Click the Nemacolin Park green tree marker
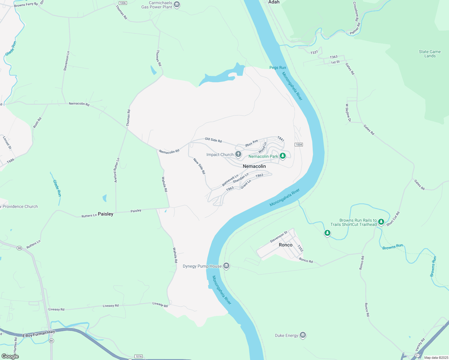282,156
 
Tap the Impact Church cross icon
238,154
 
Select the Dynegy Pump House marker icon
226,266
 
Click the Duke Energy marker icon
303,335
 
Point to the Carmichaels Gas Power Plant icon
177,4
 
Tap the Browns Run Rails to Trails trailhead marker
381,222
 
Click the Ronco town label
285,245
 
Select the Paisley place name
106,214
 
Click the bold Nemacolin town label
254,166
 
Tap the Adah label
274,2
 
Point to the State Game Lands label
430,54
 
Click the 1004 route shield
299,145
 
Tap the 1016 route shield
138,356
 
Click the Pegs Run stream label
278,67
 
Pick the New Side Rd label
199,166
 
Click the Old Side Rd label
213,140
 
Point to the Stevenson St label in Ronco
279,237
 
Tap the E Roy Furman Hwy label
39,334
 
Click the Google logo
10,356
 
